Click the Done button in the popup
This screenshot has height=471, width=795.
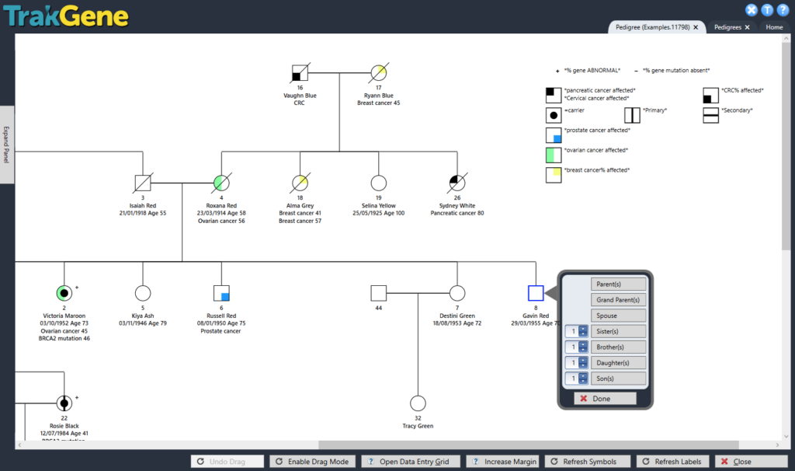click(605, 398)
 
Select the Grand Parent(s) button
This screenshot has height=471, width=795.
click(618, 300)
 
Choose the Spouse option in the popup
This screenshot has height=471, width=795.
click(618, 316)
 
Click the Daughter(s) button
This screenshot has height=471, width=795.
click(618, 363)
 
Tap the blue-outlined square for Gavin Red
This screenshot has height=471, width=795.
click(535, 293)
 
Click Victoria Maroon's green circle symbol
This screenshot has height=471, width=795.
click(64, 293)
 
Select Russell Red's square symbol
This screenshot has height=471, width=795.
click(221, 293)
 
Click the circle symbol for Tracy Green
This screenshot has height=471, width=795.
click(418, 404)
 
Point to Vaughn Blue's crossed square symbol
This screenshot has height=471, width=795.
click(300, 73)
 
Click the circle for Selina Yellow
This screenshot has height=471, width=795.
click(378, 183)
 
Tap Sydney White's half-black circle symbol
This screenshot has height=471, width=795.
click(457, 183)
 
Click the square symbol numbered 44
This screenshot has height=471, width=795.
click(378, 293)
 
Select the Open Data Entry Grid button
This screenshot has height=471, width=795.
click(410, 462)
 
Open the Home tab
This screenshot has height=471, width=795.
click(773, 27)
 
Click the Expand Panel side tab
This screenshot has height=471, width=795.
click(7, 144)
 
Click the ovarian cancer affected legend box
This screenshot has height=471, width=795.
click(554, 154)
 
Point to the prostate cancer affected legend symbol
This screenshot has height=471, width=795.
click(554, 134)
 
